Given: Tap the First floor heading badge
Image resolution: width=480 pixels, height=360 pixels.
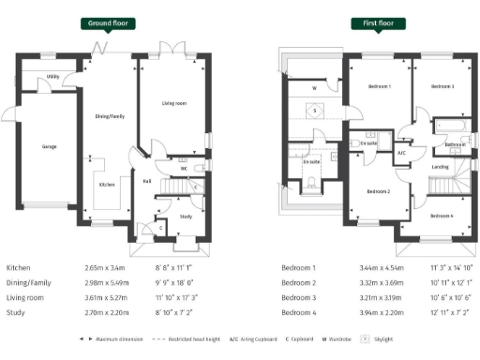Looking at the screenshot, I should coord(373,22).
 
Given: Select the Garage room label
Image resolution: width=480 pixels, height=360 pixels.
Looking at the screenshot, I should coord(49,146).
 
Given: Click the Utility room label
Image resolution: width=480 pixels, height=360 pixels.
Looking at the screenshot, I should coord(53,76).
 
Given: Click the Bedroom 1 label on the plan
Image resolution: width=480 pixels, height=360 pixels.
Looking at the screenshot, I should coord(379,86).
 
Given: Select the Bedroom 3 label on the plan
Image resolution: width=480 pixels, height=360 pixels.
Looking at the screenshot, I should coord(442,86).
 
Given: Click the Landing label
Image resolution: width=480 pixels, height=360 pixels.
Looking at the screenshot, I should coord(440,167).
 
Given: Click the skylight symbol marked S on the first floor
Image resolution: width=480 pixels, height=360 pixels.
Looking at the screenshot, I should coord(315,111).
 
